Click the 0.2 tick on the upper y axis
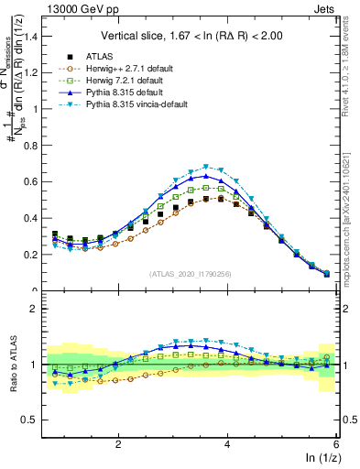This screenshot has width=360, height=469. pos(33,254)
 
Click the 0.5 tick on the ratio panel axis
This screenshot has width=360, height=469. pos(33,420)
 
